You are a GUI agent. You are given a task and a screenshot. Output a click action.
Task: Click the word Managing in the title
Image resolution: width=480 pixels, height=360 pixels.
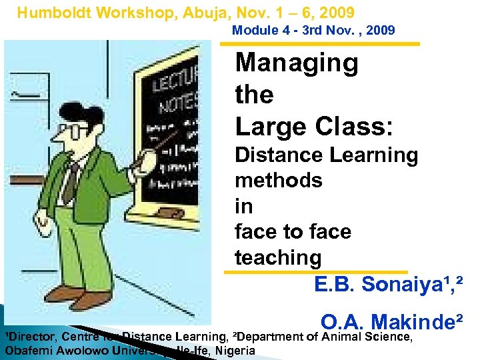(x=297, y=63)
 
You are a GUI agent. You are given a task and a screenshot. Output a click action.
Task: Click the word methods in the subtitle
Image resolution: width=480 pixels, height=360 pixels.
(x=278, y=180)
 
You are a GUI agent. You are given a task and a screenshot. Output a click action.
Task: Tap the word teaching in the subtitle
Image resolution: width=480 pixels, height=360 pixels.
(x=278, y=257)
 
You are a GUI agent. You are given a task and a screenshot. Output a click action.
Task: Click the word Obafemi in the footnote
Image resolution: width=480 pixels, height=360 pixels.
(x=29, y=351)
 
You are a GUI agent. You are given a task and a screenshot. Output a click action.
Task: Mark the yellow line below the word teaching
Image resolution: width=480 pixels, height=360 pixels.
(x=315, y=272)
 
